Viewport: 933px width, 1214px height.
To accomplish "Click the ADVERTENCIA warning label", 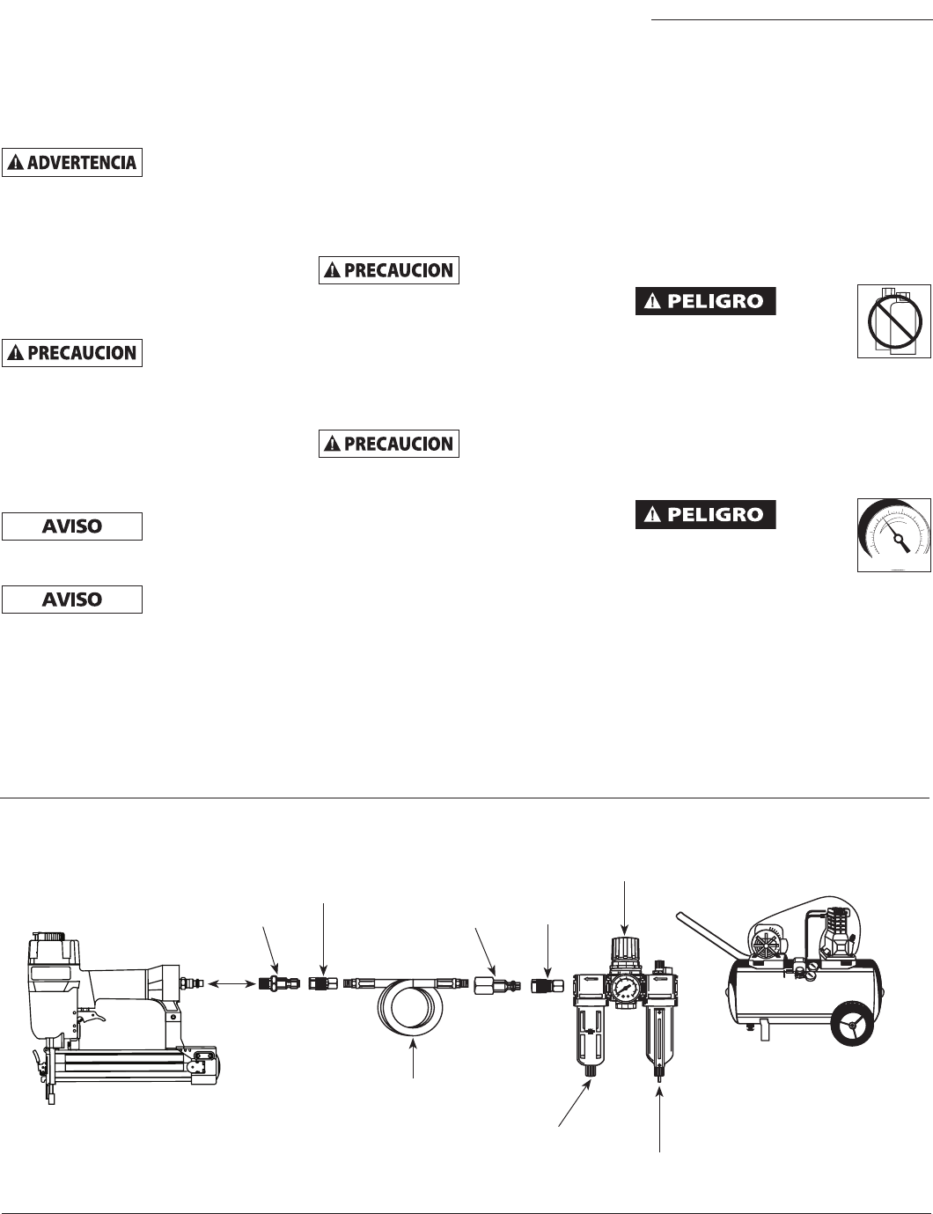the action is [72, 163].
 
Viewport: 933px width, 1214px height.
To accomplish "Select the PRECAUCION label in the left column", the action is [72, 353].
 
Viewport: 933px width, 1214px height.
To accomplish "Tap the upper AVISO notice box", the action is [72, 526].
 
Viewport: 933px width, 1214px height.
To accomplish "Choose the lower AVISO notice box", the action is [72, 600].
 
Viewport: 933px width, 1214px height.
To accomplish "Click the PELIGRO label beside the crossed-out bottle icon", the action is [705, 301].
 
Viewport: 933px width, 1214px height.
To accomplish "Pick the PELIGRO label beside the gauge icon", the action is [705, 515].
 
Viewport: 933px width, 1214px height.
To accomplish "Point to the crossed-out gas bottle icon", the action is [894, 320].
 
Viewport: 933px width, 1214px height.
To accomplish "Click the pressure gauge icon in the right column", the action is [894, 535].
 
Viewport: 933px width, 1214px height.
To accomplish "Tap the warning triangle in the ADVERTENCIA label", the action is [16, 163].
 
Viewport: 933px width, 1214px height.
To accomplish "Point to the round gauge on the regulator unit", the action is [625, 986].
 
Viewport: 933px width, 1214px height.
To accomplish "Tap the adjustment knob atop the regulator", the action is [624, 949].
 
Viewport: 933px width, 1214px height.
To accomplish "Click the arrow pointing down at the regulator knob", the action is [625, 907].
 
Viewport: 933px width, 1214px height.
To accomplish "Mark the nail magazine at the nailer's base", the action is [132, 1062].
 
